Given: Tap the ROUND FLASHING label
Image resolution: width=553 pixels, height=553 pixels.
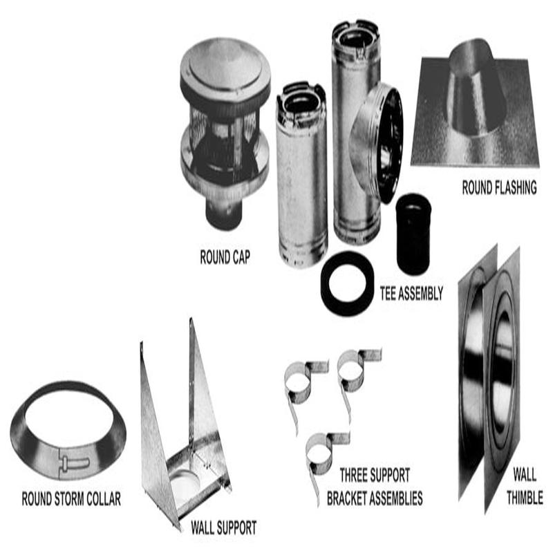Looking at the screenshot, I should pyautogui.click(x=499, y=187).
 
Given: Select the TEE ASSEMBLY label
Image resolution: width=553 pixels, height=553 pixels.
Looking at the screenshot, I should pyautogui.click(x=411, y=293).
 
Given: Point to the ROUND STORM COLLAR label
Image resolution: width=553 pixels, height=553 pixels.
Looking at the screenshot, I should pyautogui.click(x=71, y=498).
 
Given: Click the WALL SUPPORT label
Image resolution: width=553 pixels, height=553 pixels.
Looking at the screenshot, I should pyautogui.click(x=223, y=529).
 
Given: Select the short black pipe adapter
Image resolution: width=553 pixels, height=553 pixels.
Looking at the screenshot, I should pyautogui.click(x=413, y=233).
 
